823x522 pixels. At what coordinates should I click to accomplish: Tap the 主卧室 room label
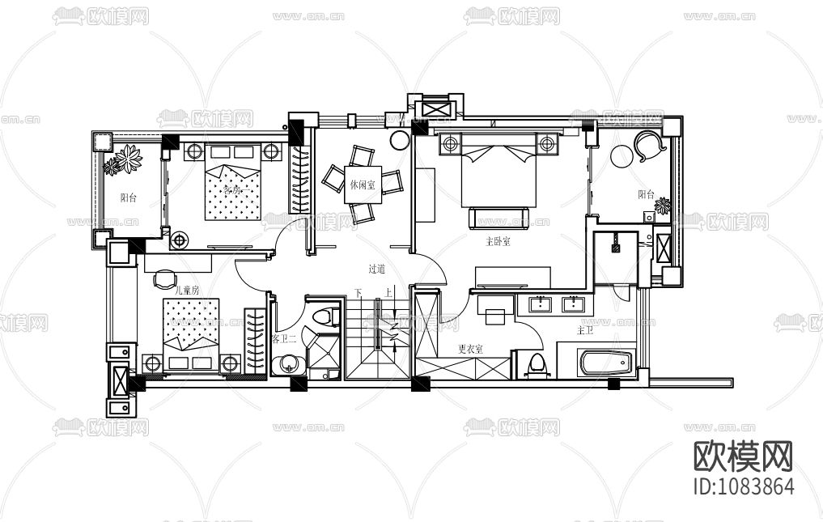(497, 240)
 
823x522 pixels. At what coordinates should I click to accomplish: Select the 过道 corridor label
(377, 269)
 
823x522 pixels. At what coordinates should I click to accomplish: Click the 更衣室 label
(470, 349)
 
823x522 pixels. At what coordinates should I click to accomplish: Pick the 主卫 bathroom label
(585, 330)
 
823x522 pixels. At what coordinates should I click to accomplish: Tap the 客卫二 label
(284, 337)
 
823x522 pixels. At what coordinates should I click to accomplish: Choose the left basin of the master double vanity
(540, 304)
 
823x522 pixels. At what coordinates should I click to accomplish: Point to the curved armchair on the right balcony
(650, 146)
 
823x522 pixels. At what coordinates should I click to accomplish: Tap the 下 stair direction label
(357, 293)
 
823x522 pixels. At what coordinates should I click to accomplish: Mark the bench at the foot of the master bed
(498, 216)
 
